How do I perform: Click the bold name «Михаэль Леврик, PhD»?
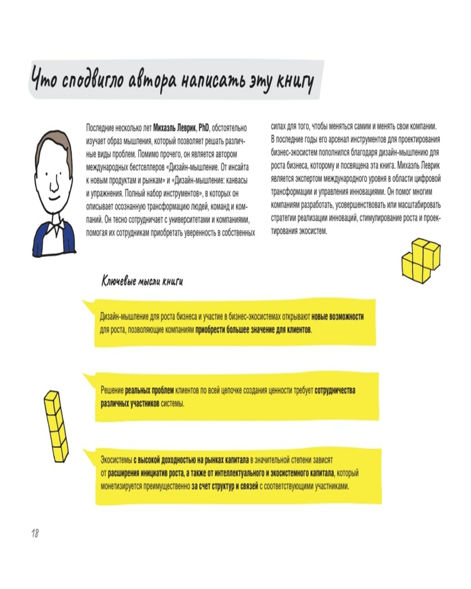pyautogui.click(x=182, y=128)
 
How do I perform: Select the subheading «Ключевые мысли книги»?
pyautogui.click(x=142, y=281)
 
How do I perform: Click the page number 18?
pyautogui.click(x=35, y=533)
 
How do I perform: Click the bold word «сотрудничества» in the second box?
pyautogui.click(x=335, y=391)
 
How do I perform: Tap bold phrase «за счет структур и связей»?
pyautogui.click(x=224, y=487)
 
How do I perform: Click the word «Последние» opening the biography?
pyautogui.click(x=101, y=128)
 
